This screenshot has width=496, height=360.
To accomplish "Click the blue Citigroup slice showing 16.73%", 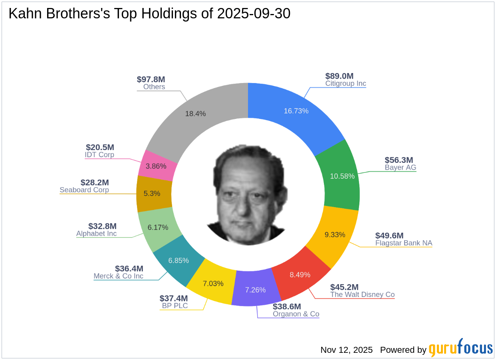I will pyautogui.click(x=296, y=116).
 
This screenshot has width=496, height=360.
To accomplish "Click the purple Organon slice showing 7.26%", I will pyautogui.click(x=255, y=290).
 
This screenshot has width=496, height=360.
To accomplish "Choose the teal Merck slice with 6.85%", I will pyautogui.click(x=179, y=261).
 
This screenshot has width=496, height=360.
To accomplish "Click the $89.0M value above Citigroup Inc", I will pyautogui.click(x=339, y=76).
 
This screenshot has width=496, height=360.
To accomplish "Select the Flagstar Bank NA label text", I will pyautogui.click(x=403, y=243).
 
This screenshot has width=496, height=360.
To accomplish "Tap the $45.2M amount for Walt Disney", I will pyautogui.click(x=344, y=287).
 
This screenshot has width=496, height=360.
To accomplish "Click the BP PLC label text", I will pyautogui.click(x=175, y=306).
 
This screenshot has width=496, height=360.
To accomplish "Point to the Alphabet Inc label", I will pyautogui.click(x=96, y=233).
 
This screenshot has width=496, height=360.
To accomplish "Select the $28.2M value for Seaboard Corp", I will pyautogui.click(x=95, y=182).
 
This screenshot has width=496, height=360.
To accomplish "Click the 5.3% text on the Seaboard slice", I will pyautogui.click(x=152, y=194).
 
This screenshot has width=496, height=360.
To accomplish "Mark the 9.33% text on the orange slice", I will pyautogui.click(x=335, y=235).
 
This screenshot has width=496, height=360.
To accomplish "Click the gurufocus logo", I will pyautogui.click(x=460, y=348).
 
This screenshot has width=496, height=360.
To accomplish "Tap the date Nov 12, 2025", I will pyautogui.click(x=346, y=350).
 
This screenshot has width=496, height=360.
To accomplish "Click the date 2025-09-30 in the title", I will pyautogui.click(x=254, y=14).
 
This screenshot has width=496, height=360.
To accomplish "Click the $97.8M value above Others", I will pyautogui.click(x=151, y=79).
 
